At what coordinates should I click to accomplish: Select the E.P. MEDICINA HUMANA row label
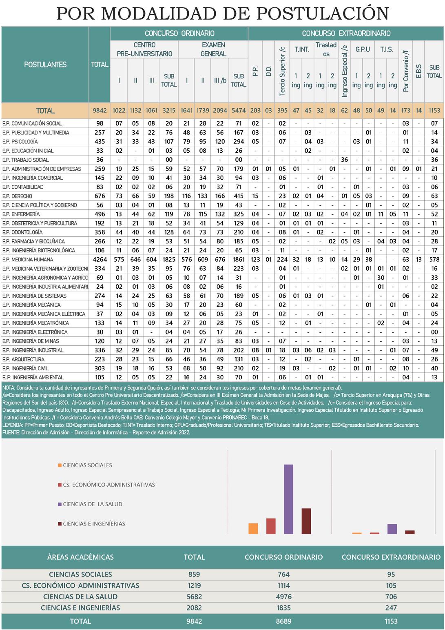click(x=28, y=260)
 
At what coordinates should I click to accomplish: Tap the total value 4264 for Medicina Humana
click(x=100, y=260)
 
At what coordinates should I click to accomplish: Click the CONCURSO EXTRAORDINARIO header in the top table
click(x=346, y=33)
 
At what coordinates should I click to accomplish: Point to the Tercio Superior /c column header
click(x=282, y=72)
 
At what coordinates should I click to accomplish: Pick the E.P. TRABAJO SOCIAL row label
click(x=25, y=160)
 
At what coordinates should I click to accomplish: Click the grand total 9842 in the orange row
click(x=100, y=111)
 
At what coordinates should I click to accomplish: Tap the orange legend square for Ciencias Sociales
click(x=60, y=465)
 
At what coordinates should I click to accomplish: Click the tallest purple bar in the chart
click(x=288, y=499)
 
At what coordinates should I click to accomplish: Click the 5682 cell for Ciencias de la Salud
click(x=194, y=597)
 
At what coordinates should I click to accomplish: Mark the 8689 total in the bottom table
click(x=283, y=621)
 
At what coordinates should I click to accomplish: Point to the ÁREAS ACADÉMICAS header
click(x=80, y=557)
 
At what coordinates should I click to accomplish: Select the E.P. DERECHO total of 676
click(x=100, y=196)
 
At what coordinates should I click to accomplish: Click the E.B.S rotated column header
click(x=418, y=72)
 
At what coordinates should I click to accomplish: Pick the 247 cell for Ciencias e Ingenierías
click(x=391, y=608)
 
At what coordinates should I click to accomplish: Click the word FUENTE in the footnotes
click(x=11, y=432)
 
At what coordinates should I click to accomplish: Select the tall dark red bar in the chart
click(x=306, y=521)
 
